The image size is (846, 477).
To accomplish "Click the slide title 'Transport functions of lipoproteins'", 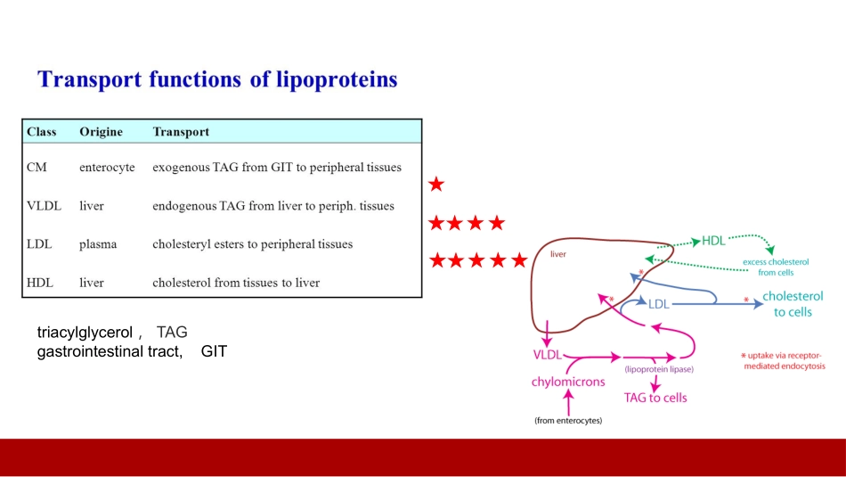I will pos(217,79).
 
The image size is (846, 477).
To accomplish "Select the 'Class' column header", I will pos(42,132).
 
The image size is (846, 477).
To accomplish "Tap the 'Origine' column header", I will pos(101,132).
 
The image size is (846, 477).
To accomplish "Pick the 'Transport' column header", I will pos(181,132).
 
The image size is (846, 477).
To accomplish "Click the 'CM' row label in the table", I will pos(37,167).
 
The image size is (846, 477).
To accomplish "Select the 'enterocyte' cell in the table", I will pos(107,167).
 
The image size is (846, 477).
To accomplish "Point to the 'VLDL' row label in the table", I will pos(44,206).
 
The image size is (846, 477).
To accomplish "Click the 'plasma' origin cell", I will pos(98,244).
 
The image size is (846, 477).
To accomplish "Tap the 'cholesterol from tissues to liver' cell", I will pos(236,283).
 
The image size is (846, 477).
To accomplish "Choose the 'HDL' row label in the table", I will pos(40,283).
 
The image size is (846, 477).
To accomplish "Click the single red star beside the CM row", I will pos(436,185).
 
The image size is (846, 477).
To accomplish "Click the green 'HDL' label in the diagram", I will pos(713,241).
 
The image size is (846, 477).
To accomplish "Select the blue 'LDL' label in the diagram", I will pos(658,304).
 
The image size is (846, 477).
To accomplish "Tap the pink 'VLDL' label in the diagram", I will pos(547,355).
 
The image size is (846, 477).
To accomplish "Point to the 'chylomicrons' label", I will pos(568,382).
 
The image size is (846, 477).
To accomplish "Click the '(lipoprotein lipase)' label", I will pos(659,369).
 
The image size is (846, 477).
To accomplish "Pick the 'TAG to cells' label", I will pos(655,398).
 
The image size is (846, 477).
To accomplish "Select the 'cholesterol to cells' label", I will pos(793,304).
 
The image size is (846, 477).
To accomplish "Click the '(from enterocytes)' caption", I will pos(568,420).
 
